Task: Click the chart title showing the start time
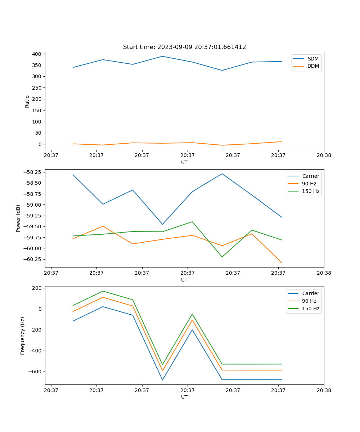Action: click(184, 47)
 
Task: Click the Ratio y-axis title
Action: click(27, 101)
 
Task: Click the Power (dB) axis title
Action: click(18, 218)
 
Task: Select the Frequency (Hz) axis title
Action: click(23, 336)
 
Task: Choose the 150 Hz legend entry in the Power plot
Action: click(310, 191)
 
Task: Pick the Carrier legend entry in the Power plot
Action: click(310, 176)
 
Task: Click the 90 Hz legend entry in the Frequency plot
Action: click(309, 301)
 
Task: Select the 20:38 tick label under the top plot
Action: click(324, 156)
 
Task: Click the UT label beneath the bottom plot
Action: click(184, 397)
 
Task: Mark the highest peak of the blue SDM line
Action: click(162, 56)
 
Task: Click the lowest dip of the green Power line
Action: click(222, 257)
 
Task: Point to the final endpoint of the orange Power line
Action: click(282, 263)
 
